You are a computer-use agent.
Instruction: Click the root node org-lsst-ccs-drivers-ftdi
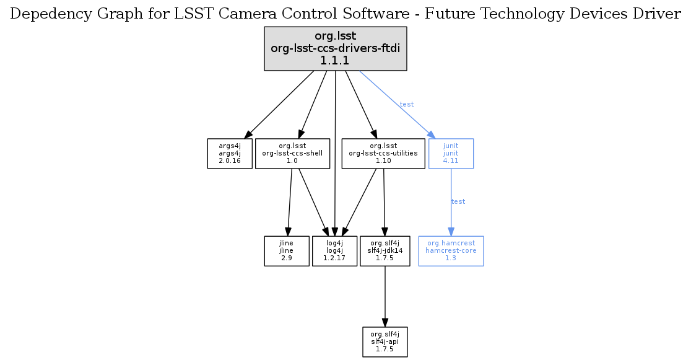(335, 48)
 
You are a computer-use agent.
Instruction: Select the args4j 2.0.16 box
(229, 153)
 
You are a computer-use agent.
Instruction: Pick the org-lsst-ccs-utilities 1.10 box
(383, 153)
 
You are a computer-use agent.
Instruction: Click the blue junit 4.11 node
(451, 153)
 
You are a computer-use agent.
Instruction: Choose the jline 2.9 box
(287, 251)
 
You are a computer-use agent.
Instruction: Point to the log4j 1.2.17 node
(334, 251)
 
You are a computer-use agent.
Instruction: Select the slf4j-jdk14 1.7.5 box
(385, 251)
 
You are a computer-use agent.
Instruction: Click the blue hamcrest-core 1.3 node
(451, 251)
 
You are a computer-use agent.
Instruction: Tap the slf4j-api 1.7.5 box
(385, 341)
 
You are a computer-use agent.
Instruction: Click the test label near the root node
(407, 104)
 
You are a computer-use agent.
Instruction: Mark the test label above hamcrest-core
(458, 201)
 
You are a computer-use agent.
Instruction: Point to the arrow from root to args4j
(279, 104)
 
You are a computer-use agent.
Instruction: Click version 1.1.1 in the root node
(335, 60)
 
